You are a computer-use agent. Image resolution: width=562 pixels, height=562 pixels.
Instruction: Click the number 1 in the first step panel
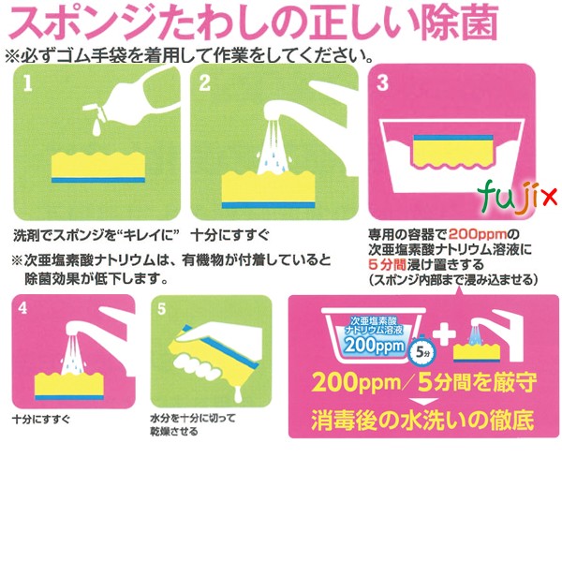pyautogui.click(x=30, y=83)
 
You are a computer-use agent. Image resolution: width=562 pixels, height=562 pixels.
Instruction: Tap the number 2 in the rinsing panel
pyautogui.click(x=205, y=83)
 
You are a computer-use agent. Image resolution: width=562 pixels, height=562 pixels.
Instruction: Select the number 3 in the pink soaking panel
pyautogui.click(x=381, y=83)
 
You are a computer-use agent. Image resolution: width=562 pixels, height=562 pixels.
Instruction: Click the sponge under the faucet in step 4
pyautogui.click(x=70, y=381)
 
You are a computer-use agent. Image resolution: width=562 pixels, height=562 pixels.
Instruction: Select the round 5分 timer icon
pyautogui.click(x=421, y=351)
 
